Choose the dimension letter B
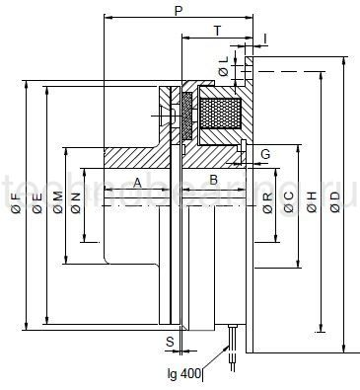point(213,182)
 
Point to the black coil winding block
point(219,112)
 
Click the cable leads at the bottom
point(233,351)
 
